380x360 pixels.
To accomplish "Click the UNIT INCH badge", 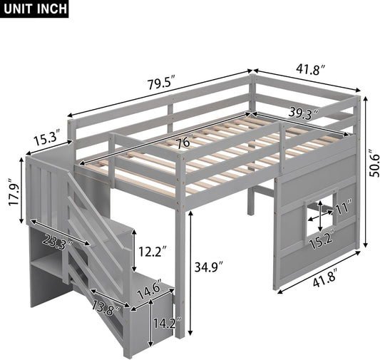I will [x=35, y=9].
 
